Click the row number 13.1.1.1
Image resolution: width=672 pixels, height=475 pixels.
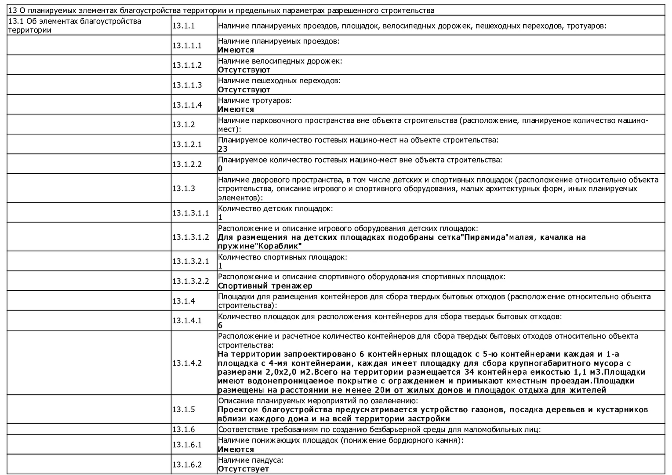187,45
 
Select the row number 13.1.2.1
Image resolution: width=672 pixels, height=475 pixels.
187,144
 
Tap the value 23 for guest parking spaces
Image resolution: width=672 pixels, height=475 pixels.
223,149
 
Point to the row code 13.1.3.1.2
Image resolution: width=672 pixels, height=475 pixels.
191,237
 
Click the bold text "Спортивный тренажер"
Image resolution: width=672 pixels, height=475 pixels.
265,286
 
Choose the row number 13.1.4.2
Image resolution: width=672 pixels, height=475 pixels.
187,363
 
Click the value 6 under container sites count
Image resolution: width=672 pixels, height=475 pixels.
220,325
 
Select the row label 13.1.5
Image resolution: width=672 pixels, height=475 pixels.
183,409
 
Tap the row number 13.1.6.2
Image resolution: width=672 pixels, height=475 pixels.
187,464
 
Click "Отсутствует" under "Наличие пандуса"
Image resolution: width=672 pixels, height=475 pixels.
243,469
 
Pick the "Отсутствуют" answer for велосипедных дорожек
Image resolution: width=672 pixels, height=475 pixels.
244,70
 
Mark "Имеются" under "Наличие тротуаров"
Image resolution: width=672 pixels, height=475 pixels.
236,110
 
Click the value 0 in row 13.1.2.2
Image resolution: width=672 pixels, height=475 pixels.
220,168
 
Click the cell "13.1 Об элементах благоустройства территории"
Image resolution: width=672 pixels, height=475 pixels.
75,26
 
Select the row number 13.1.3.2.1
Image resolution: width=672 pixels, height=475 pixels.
191,261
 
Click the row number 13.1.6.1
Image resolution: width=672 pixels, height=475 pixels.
187,445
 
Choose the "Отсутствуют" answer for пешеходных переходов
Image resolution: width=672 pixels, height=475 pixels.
244,90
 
